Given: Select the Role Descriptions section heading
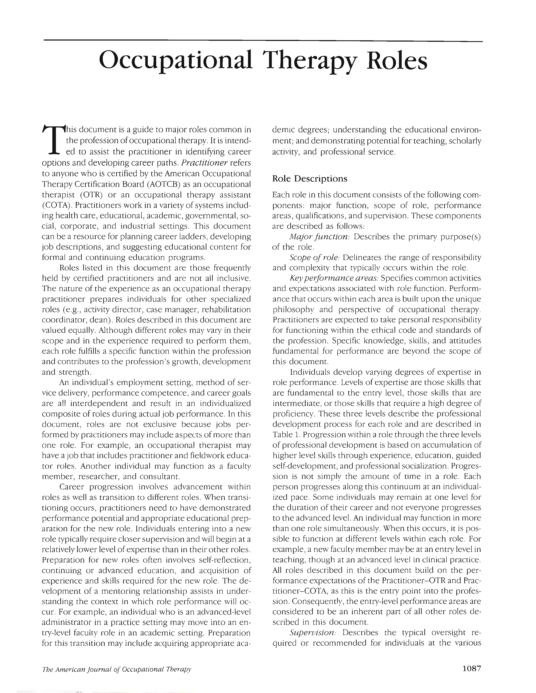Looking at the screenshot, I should [310, 179].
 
